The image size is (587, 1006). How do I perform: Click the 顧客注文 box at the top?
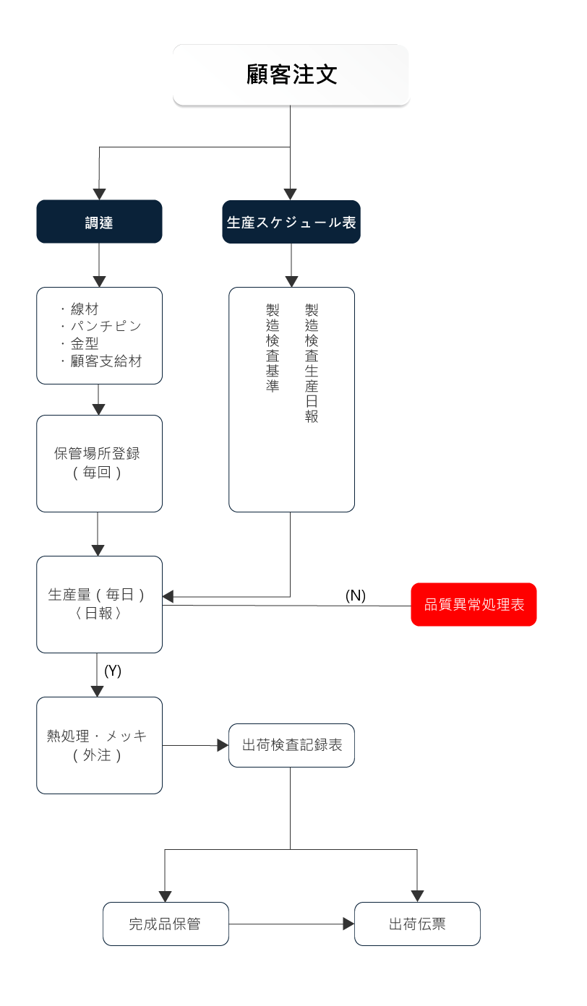(x=291, y=75)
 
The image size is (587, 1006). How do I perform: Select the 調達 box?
(x=99, y=222)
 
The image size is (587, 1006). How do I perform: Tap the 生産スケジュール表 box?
(x=291, y=222)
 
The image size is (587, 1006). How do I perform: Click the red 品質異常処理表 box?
(x=474, y=604)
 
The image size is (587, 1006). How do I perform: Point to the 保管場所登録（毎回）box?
(x=99, y=463)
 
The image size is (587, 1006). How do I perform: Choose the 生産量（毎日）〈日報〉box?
(x=99, y=604)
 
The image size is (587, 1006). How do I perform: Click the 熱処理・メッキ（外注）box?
(x=99, y=745)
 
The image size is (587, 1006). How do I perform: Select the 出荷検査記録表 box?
(x=291, y=745)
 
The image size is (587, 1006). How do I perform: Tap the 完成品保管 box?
(x=165, y=924)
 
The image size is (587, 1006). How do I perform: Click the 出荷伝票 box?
(x=417, y=924)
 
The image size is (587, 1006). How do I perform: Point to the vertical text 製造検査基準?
(x=273, y=348)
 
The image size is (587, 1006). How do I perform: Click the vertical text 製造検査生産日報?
(x=312, y=363)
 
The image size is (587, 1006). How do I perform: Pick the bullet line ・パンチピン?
(x=100, y=326)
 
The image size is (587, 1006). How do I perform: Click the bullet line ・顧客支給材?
(x=100, y=361)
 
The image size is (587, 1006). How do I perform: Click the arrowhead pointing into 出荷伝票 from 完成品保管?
(x=348, y=924)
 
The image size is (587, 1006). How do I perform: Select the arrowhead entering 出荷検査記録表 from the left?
(x=223, y=745)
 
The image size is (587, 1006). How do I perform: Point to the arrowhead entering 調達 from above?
(x=99, y=194)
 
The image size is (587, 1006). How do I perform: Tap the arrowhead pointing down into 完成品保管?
(x=165, y=896)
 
